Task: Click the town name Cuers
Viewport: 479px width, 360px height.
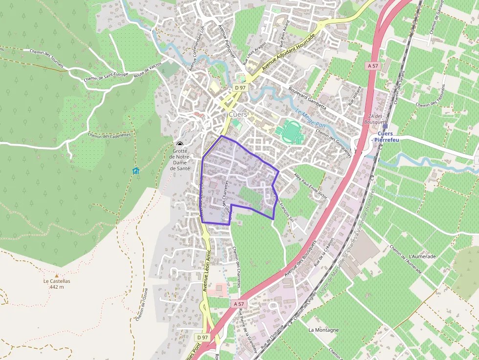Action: point(239,114)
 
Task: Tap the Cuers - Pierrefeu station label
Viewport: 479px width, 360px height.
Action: point(385,137)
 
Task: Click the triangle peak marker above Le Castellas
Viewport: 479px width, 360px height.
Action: point(57,275)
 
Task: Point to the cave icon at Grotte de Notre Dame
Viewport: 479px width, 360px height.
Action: point(180,144)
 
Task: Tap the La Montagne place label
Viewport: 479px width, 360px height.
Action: point(323,330)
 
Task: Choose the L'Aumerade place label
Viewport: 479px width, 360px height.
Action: point(423,256)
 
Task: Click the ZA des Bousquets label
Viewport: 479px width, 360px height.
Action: point(375,119)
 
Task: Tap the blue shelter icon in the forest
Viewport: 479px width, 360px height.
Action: point(135,170)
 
